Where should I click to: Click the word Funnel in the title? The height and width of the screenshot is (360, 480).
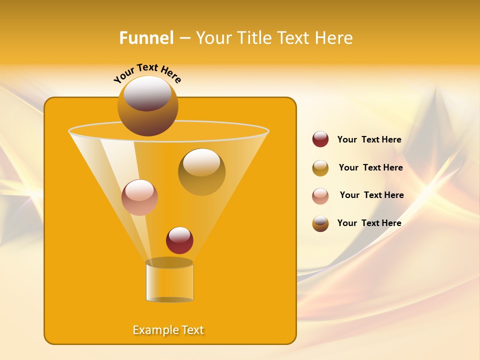coord(146,38)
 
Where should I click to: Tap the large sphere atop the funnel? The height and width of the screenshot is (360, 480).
coord(147,106)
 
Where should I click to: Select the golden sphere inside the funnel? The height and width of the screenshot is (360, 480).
coord(201,172)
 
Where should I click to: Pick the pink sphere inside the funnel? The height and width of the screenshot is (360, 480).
coord(139,197)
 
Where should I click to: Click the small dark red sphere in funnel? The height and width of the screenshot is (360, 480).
coord(179,240)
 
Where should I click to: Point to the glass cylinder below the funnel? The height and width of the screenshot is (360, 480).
coord(169,282)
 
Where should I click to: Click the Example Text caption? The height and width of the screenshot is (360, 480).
coord(168,330)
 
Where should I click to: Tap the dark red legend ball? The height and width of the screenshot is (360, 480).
coord(320,139)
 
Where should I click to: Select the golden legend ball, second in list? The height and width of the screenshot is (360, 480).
coord(320,168)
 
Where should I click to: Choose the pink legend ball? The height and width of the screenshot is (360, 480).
coord(320,195)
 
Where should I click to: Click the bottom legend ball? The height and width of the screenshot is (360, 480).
coord(320,223)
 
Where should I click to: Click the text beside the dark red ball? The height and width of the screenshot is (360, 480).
coord(369,140)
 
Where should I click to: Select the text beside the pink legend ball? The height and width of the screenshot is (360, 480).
coord(371,195)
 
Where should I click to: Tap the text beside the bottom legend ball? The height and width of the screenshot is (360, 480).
coord(369,223)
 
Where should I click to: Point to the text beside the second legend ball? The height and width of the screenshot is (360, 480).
coord(370,168)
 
